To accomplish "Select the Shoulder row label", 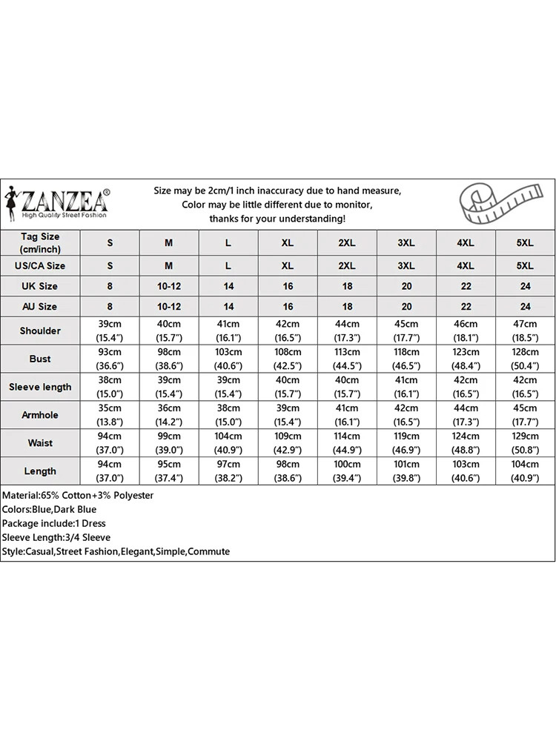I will (40, 330).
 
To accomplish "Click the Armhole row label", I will (40, 415).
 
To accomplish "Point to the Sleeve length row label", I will (40, 387).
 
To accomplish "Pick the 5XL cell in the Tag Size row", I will (525, 243).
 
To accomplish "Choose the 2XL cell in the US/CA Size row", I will (347, 265).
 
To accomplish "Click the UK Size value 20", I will (406, 286).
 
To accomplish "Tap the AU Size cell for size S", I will (110, 306).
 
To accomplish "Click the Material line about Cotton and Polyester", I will (78, 495).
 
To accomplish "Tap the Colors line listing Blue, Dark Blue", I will (50, 509).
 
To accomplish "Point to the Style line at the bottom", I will (116, 551).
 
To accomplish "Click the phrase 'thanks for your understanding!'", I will (277, 219).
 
